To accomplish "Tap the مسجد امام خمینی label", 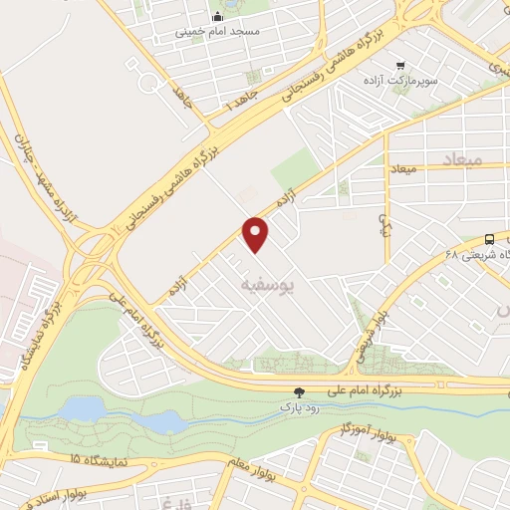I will click(x=217, y=31).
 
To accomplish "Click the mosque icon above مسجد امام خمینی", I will click(x=217, y=15).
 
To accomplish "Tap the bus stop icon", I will click(x=489, y=239).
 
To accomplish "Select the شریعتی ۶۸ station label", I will click(x=466, y=254).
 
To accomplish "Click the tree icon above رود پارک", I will click(x=300, y=394).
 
